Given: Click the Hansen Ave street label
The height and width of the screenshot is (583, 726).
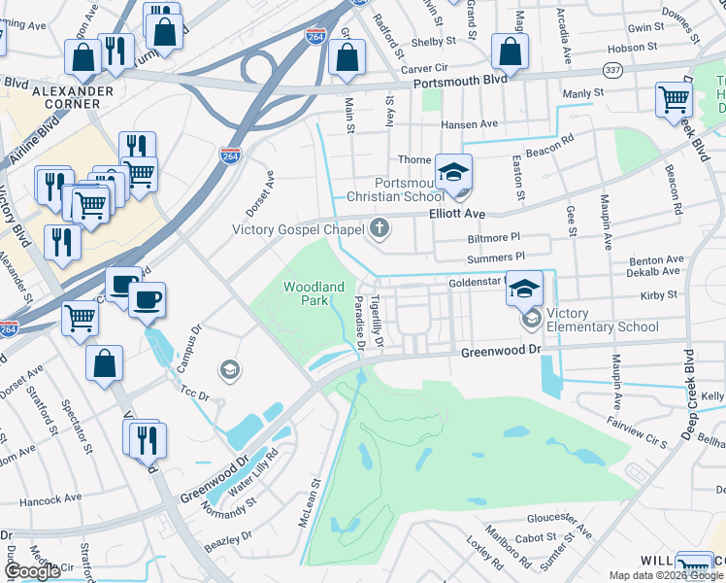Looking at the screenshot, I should (x=468, y=124).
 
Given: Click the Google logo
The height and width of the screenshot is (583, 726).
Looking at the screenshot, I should (x=32, y=571).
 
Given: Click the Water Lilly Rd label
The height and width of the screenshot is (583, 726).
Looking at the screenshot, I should (x=251, y=470).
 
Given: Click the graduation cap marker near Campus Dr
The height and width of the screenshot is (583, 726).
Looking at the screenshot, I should (x=230, y=369).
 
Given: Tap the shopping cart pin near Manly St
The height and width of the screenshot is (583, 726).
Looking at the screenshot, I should (x=673, y=98).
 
